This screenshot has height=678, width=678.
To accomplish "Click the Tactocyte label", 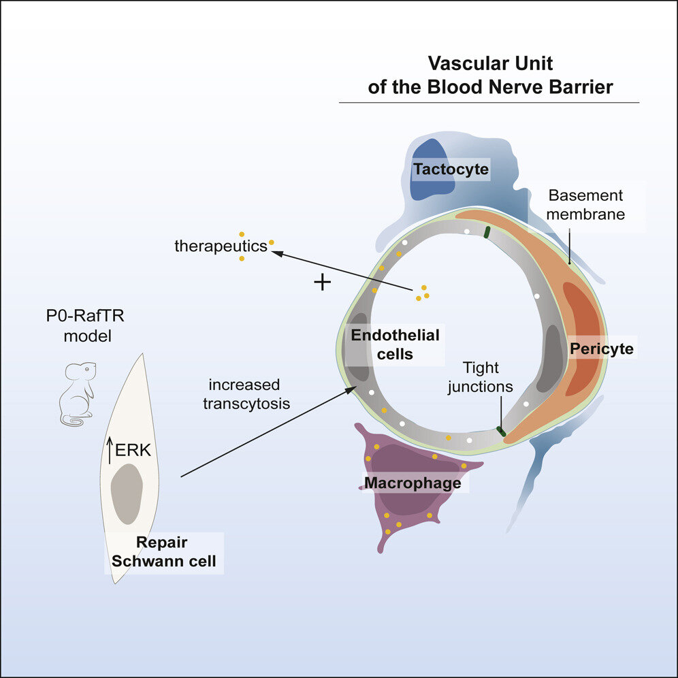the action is [451, 169].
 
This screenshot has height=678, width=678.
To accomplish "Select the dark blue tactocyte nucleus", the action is [432, 170].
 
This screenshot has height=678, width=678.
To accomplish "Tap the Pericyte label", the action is [602, 349].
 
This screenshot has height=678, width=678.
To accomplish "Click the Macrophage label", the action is [413, 483].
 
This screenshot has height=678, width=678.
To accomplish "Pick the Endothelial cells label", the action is [395, 344].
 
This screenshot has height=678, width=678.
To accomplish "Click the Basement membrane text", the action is [585, 204].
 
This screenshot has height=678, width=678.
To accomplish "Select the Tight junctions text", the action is [481, 377].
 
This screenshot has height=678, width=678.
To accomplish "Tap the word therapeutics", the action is [221, 246].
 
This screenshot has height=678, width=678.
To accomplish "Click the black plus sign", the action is [322, 282].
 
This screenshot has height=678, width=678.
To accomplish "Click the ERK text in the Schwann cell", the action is [133, 450].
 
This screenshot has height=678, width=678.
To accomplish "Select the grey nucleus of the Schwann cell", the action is [127, 494].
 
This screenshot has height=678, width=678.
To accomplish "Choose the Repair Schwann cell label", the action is [164, 551].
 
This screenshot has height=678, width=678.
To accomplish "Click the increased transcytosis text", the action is [246, 394].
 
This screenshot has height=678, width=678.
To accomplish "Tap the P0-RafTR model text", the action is [86, 325].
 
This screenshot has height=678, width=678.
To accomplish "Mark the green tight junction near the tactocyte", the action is [487, 232].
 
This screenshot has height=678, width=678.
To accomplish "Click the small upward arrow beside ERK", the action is [110, 450].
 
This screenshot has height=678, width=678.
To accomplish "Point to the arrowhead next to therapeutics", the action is [277, 253].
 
